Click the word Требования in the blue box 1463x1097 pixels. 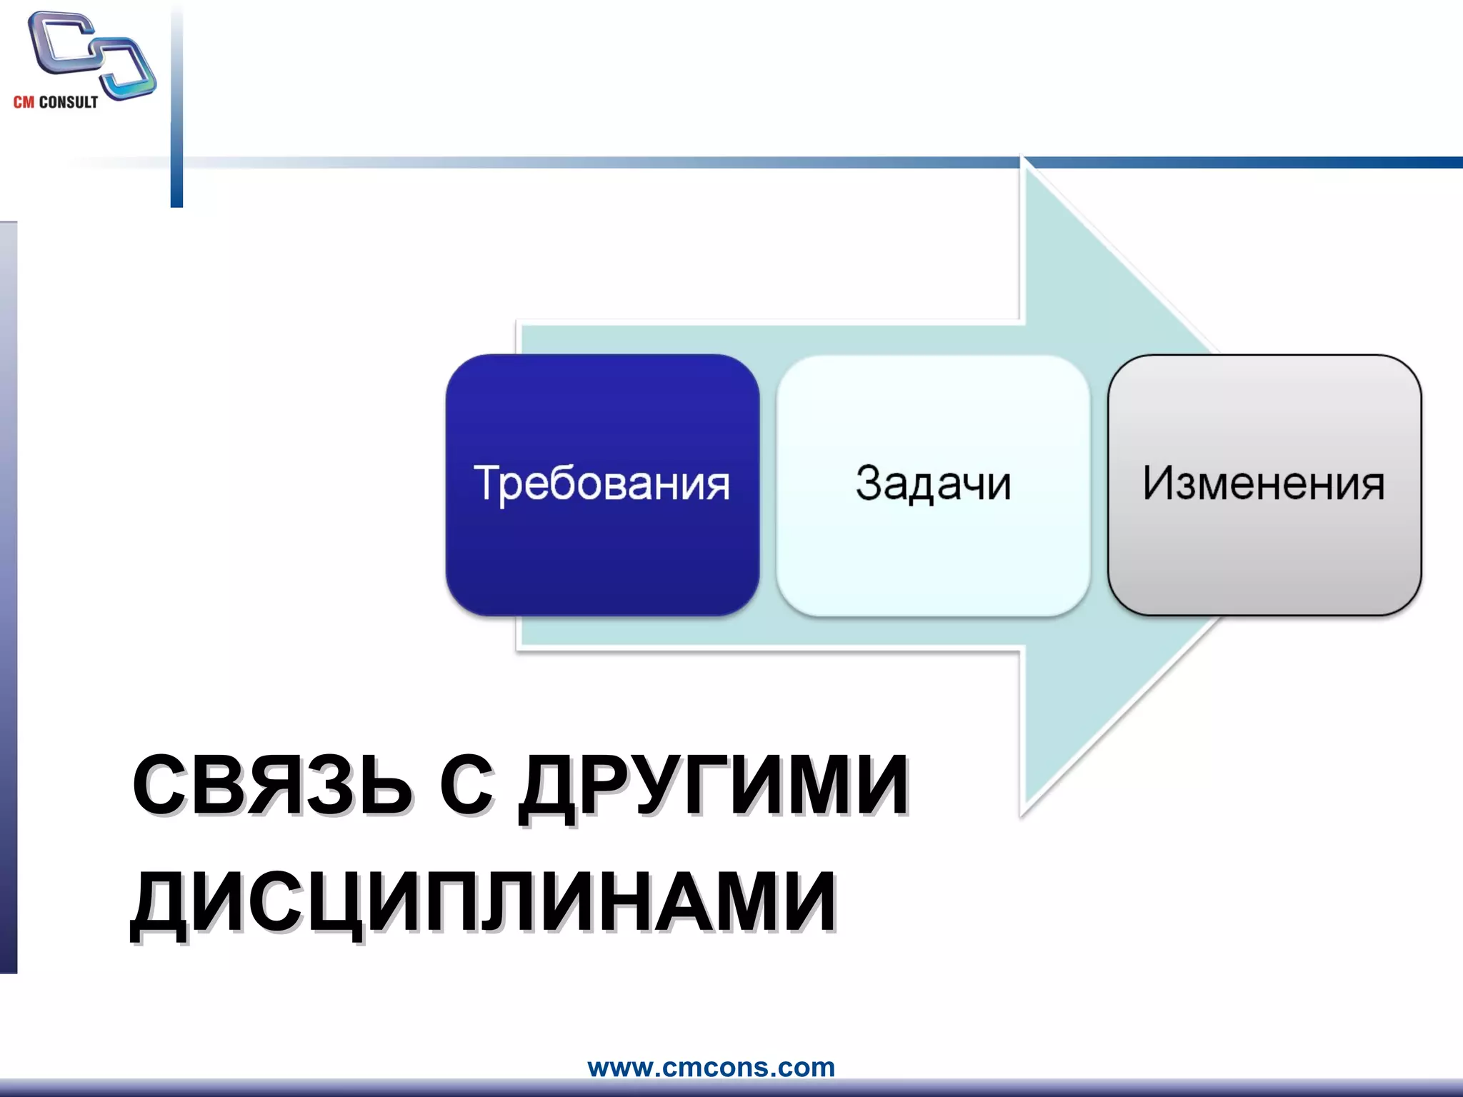[601, 484]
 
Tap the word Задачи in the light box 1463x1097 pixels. [933, 484]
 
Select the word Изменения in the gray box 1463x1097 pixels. [1263, 484]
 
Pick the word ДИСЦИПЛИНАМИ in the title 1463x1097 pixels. [484, 903]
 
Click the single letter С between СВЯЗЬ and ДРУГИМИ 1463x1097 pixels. [466, 786]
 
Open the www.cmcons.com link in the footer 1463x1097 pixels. [711, 1067]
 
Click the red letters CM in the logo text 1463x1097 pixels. [24, 102]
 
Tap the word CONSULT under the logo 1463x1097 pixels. [69, 102]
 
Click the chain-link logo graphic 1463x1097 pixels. [91, 54]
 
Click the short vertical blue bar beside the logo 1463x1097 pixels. [176, 107]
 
